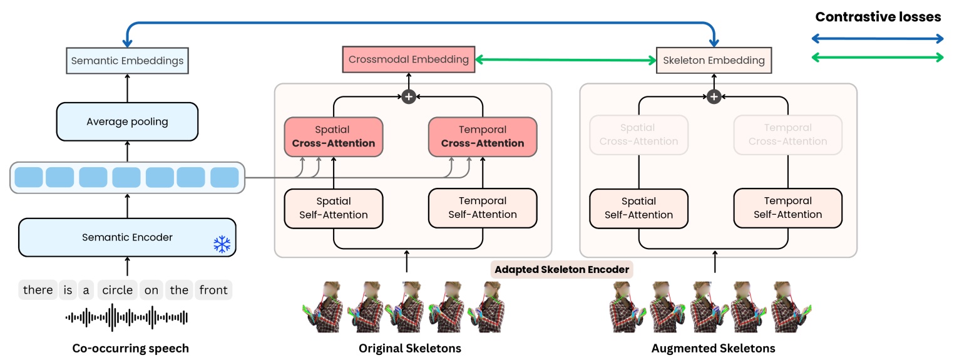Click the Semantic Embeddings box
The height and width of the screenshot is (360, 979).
point(127,61)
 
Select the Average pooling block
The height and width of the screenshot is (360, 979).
point(127,121)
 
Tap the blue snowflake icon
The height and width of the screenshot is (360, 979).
point(222,244)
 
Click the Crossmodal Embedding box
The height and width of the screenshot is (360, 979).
point(408,59)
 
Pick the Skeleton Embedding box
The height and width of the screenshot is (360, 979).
point(714,61)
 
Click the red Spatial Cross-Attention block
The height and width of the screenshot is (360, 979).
point(333,136)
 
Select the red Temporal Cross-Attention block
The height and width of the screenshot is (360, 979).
point(482,136)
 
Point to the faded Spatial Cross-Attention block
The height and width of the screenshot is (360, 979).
point(638,135)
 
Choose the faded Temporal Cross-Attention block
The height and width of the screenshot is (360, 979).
point(787,135)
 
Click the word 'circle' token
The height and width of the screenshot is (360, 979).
point(118,290)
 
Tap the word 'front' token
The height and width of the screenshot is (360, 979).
point(213,290)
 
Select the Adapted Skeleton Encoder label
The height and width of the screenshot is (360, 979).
point(561,270)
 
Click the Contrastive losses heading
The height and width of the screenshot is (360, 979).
point(878,17)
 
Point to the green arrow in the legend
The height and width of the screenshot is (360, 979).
point(878,58)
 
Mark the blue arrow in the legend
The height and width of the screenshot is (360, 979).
point(878,39)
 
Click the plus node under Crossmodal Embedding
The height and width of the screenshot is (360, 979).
point(408,96)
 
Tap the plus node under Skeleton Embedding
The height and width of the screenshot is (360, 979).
point(714,96)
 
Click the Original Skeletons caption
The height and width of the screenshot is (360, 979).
point(409,348)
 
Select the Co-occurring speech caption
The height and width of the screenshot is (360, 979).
point(130,348)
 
